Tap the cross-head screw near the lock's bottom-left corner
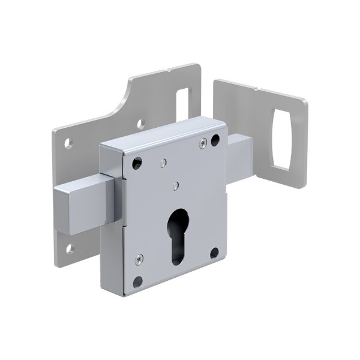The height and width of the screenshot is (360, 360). pos(139,259)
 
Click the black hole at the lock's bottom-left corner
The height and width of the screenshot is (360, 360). pos(139,279)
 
